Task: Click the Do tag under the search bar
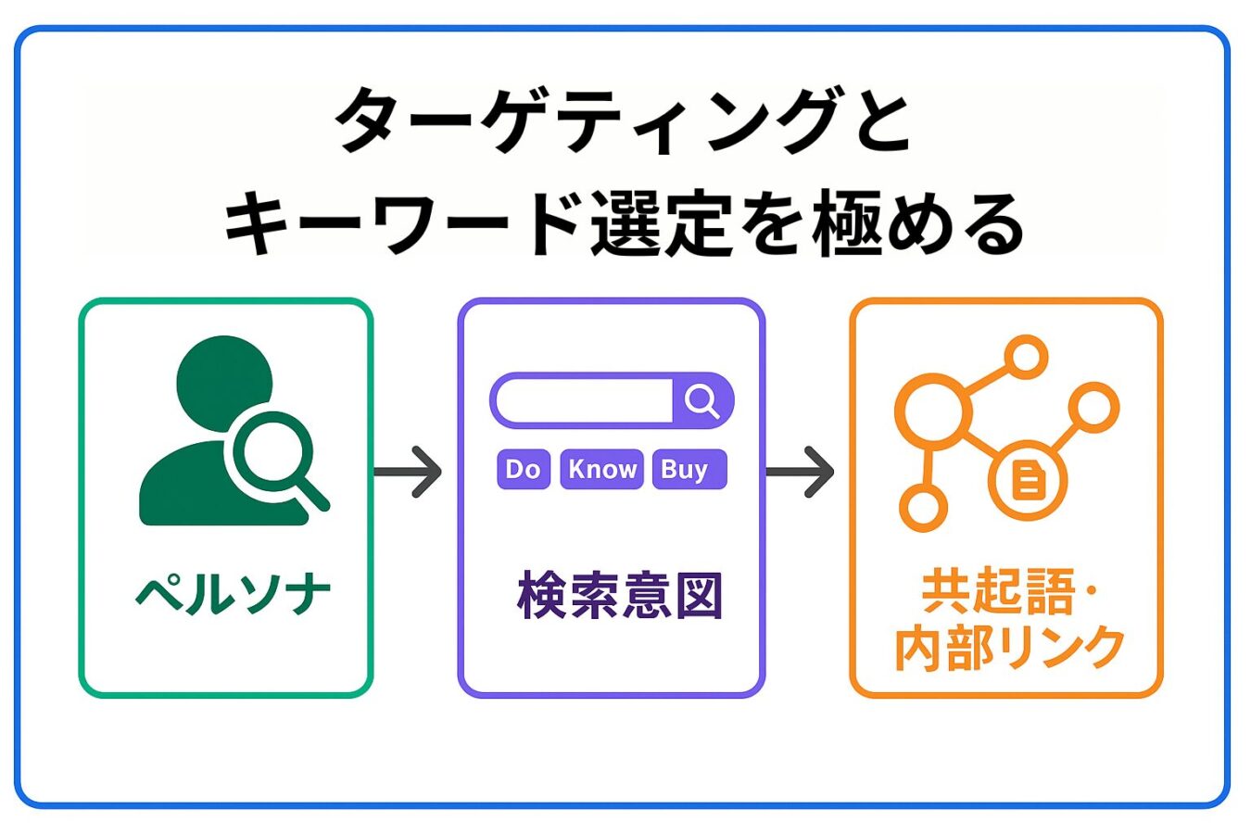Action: click(524, 469)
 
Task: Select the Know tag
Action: click(602, 469)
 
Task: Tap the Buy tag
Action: click(689, 469)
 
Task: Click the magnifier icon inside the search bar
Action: click(702, 401)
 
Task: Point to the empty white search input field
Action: click(585, 401)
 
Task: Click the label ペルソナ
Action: click(234, 594)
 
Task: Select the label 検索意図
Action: click(619, 595)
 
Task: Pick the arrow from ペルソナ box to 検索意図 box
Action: click(409, 472)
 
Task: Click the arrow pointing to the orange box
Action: click(801, 472)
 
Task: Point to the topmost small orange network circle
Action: click(1026, 357)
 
